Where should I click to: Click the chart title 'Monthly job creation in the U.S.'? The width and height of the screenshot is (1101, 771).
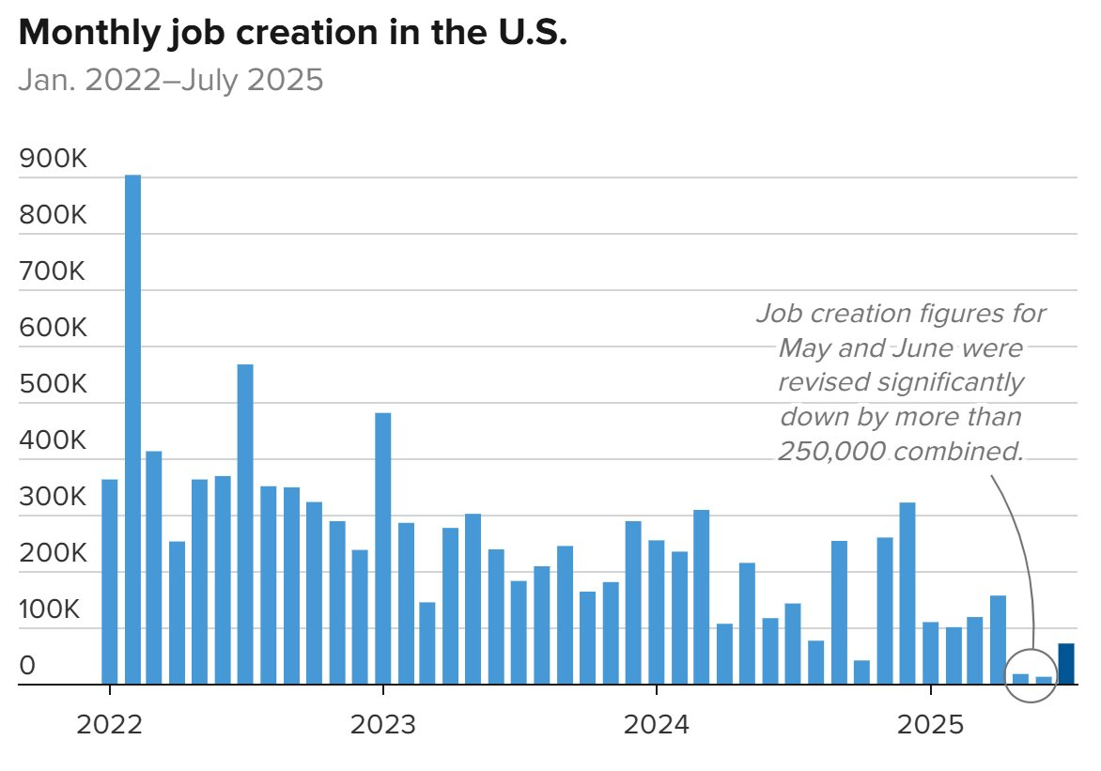(293, 34)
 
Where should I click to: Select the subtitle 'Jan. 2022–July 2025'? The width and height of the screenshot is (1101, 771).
(171, 81)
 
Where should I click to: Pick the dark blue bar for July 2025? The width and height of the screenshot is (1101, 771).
(1066, 664)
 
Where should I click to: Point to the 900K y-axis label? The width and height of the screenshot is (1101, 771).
(53, 161)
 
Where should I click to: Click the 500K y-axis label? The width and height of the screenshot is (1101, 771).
(53, 386)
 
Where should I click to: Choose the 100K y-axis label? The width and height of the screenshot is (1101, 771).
(53, 610)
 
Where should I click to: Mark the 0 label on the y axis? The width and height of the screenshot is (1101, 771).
(28, 667)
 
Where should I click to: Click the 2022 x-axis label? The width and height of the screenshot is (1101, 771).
(110, 725)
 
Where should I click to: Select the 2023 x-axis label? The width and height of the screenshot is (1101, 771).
(382, 725)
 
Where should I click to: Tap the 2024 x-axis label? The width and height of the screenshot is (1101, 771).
(656, 725)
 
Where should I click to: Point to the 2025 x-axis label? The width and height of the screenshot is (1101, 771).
(930, 725)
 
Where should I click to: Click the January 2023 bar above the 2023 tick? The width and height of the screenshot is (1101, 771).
(383, 548)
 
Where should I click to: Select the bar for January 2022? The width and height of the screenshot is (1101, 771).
(110, 582)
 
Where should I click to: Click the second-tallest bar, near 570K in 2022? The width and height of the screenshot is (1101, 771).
(245, 524)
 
